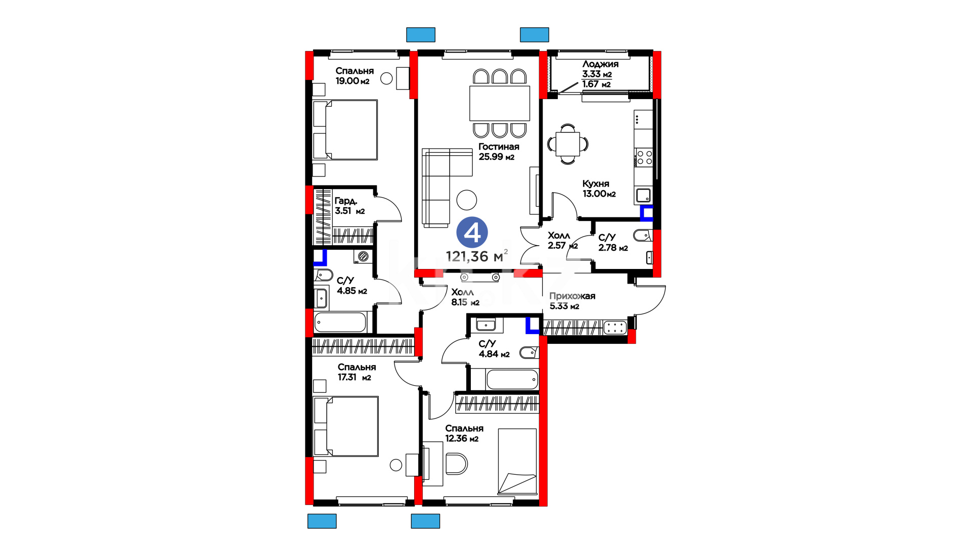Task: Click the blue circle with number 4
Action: pos(472,233)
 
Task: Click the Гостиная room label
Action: pos(499,147)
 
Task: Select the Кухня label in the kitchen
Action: pos(596,184)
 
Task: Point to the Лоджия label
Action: pos(600,64)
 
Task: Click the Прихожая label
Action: pos(572,296)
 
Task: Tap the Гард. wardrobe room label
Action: pos(346,201)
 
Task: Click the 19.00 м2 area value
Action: pos(352,81)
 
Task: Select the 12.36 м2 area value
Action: pos(462,438)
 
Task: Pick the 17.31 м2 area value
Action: pos(355,377)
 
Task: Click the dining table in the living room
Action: pos(500,103)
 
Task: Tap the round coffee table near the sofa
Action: pos(467,200)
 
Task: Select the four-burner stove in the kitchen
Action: pos(644,157)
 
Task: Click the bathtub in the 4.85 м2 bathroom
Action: pos(340,322)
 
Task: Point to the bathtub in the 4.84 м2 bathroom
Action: pos(512,379)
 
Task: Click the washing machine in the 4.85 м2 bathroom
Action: pos(363,256)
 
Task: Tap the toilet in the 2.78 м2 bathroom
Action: pos(642,235)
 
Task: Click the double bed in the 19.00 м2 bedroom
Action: pos(345,130)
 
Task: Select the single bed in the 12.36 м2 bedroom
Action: pos(517,462)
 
